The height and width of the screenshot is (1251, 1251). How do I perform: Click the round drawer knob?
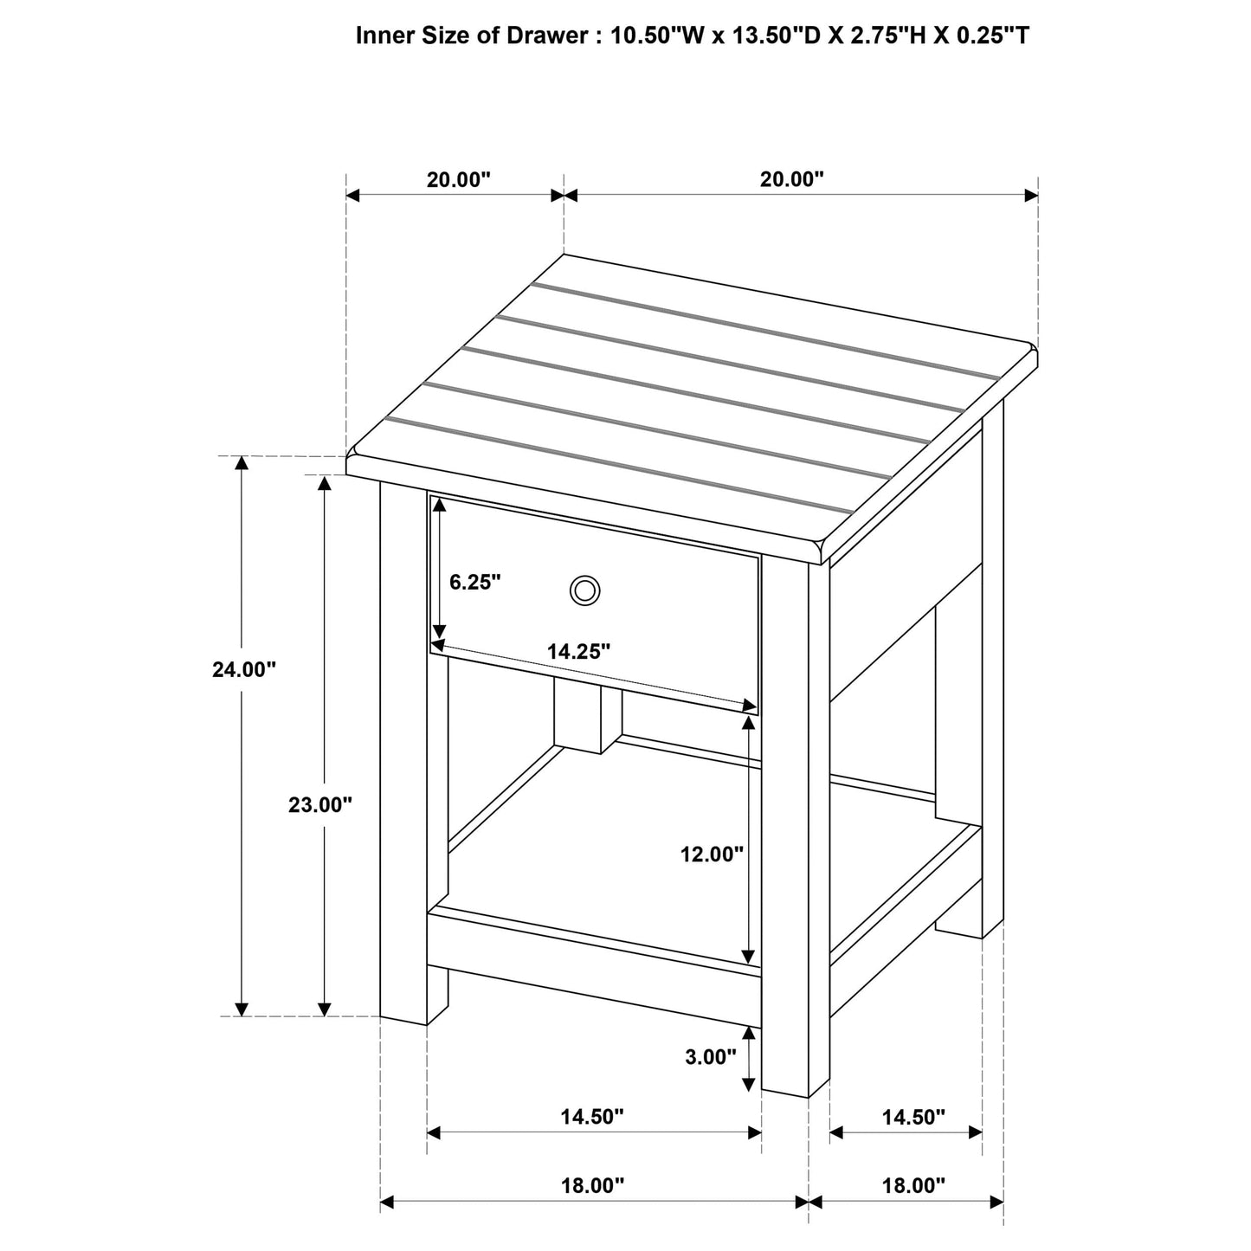(584, 591)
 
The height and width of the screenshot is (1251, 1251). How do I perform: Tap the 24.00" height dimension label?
(244, 669)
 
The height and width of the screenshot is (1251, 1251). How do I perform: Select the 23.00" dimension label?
(320, 805)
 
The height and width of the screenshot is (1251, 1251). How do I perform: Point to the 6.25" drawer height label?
(475, 582)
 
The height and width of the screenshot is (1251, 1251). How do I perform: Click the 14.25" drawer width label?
(579, 652)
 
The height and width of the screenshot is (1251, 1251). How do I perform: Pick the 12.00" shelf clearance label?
(712, 854)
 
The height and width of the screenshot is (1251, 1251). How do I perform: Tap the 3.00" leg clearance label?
(711, 1056)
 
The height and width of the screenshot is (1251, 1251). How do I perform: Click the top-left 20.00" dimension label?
(458, 180)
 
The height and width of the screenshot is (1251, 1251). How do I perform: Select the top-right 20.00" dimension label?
(791, 180)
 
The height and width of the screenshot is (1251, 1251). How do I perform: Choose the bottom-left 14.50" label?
(592, 1117)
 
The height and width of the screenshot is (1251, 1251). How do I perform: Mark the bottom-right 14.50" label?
(913, 1117)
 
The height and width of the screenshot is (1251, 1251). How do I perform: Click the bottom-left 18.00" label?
(592, 1186)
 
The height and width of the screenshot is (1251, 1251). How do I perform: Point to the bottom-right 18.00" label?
(913, 1186)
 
